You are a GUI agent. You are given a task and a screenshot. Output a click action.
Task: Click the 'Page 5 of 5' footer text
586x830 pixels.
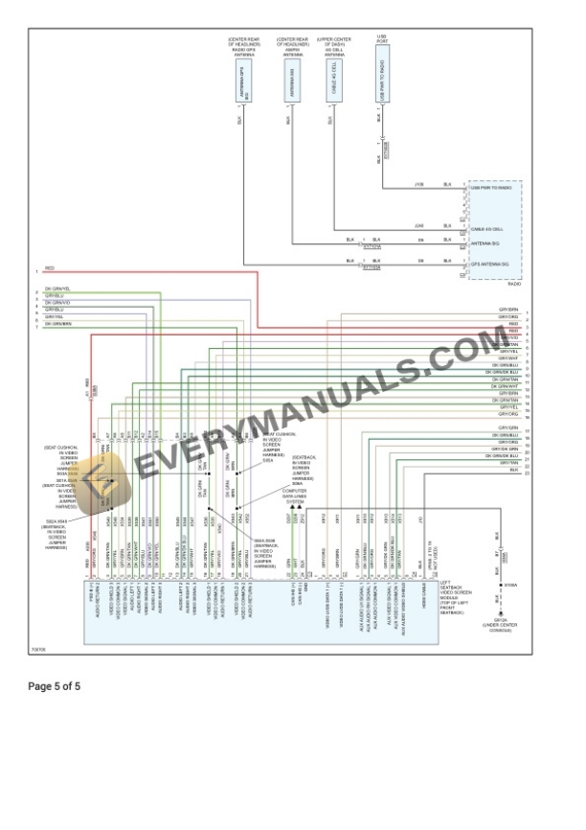[55, 686]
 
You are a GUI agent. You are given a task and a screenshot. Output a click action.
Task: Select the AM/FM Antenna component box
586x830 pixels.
[289, 87]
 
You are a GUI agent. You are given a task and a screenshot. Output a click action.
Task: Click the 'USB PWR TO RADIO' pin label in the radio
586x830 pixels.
[491, 188]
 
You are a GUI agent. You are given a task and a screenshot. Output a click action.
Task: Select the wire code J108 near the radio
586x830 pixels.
[418, 184]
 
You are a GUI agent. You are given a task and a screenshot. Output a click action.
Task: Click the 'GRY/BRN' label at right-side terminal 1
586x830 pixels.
[507, 310]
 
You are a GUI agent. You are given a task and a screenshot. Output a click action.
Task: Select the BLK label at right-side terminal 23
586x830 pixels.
[513, 470]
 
